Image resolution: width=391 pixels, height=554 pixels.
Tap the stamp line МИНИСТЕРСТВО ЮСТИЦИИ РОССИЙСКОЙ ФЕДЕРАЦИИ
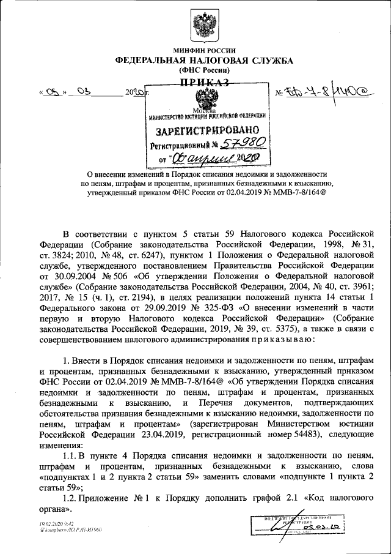point(204,116)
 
